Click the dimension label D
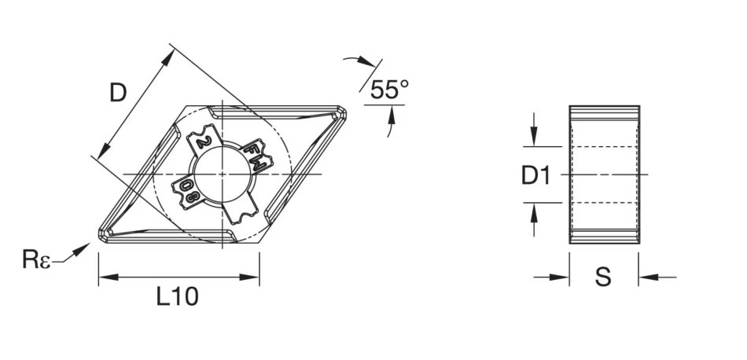coord(117,94)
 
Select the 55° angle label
coord(388,90)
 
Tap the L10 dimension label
coord(177,296)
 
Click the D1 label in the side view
coord(536,176)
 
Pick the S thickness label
coord(602,277)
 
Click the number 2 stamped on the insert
coord(203,142)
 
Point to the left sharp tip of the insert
coord(101,234)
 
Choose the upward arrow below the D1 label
coord(534,215)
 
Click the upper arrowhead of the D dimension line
coord(170,55)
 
